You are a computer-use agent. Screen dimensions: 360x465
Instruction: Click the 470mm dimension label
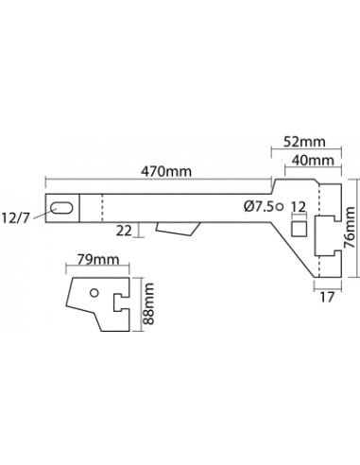166,172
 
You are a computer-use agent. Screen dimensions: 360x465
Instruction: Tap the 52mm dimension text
304,142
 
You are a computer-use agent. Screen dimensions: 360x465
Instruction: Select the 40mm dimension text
313,161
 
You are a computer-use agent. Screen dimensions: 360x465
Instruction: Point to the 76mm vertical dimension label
350,227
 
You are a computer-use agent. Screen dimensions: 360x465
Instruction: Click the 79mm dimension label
98,260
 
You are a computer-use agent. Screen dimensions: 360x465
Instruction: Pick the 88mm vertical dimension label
148,303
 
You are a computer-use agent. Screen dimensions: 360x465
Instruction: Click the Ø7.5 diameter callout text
259,207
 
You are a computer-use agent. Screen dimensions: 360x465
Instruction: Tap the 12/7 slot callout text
16,218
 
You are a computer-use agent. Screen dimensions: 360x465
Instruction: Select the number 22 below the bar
124,231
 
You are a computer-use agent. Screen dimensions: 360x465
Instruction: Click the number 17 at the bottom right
327,297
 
